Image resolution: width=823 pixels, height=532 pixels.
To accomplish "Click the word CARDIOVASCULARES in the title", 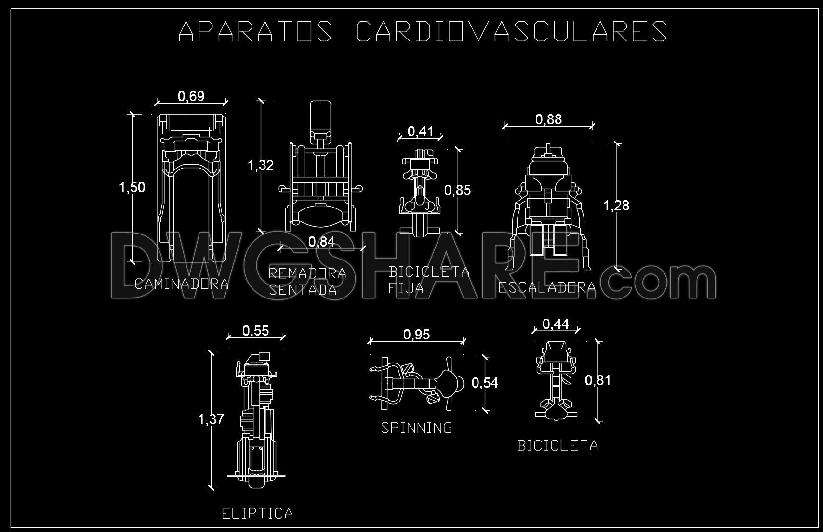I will coord(511,31).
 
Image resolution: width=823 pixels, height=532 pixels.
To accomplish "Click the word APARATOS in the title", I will coord(255,31).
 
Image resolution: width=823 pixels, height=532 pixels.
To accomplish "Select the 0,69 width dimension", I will coord(191,96).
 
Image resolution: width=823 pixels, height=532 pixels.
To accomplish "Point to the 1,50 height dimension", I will coord(132,187).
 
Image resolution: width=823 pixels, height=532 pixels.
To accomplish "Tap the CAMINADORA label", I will coord(182,284).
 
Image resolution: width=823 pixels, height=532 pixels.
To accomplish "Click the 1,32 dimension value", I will coord(261,165).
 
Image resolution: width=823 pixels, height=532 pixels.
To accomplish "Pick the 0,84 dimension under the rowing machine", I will coord(321,241).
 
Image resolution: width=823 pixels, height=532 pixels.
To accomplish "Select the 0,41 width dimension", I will coord(420,131).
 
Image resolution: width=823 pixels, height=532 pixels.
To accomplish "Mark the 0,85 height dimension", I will coord(457,190).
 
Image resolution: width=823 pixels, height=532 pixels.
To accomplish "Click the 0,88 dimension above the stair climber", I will coord(548,119).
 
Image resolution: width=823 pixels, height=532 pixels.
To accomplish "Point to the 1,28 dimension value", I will coord(616,206).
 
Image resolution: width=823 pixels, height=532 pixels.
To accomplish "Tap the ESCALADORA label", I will coord(547,288).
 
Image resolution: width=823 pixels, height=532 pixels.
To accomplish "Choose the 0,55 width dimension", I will coord(255,330).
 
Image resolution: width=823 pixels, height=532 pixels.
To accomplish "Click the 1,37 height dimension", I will coord(211,419).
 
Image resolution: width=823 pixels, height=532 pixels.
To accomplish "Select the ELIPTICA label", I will coord(257,513).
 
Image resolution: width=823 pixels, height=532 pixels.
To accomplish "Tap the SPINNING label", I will coord(417,428).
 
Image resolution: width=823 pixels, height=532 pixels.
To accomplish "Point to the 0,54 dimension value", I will coord(485,383).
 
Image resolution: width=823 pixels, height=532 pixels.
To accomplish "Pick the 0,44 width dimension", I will coord(556,324).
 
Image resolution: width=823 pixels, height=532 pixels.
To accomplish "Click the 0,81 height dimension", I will coord(598,380).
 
